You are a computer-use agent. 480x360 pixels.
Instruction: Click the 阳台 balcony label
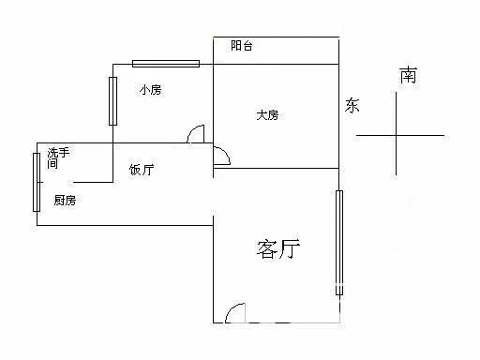[242, 46]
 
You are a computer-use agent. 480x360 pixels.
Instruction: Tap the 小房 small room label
[150, 90]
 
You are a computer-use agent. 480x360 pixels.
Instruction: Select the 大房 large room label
[267, 115]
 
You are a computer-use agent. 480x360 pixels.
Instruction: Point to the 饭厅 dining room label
[142, 170]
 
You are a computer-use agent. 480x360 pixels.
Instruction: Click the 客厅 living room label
[278, 249]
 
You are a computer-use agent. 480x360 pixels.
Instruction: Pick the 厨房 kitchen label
[65, 200]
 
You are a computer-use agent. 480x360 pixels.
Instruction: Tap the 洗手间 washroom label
[58, 158]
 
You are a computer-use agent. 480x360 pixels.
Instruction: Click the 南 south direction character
[408, 75]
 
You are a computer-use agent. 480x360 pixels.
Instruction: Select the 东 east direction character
[352, 105]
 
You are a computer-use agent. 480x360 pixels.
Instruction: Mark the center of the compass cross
[397, 135]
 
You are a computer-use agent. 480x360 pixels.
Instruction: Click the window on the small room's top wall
[166, 64]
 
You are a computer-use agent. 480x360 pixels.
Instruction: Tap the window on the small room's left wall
[112, 101]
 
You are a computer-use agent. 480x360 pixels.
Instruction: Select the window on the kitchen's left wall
[37, 182]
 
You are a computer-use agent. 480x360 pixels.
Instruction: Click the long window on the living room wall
[339, 243]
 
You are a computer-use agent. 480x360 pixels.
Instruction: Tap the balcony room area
[277, 51]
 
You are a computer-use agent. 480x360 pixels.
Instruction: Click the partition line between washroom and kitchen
[93, 182]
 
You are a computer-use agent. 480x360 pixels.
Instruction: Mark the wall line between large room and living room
[277, 169]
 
